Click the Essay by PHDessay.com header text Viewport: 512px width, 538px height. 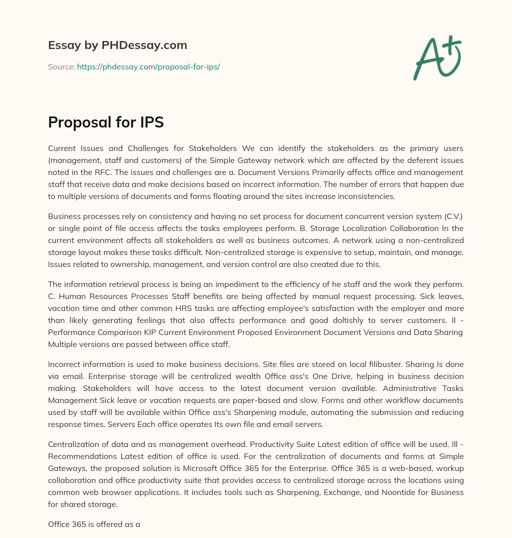point(117,45)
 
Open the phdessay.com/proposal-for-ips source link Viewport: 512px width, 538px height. point(148,66)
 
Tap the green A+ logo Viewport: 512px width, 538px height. point(436,58)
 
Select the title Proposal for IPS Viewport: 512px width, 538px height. point(106,122)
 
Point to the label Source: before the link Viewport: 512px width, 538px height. point(61,66)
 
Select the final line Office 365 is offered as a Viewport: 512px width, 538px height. point(94,524)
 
